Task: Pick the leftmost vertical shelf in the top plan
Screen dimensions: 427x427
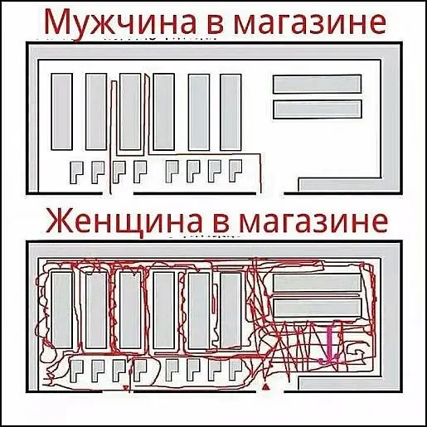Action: [61, 112]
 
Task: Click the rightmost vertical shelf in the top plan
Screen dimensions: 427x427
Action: [230, 112]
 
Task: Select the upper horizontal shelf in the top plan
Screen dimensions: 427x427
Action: [318, 84]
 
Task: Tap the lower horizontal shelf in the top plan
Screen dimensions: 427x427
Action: [318, 109]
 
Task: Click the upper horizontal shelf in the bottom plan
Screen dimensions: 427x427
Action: [318, 283]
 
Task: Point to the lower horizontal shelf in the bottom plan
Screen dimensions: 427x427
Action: [318, 308]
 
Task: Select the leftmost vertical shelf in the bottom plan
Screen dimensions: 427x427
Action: [61, 310]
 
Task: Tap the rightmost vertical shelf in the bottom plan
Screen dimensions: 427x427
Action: [230, 311]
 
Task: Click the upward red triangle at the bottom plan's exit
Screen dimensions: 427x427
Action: [265, 386]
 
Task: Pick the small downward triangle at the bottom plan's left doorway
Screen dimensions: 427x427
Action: [126, 387]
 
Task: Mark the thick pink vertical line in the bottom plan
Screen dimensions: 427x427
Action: [329, 344]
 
